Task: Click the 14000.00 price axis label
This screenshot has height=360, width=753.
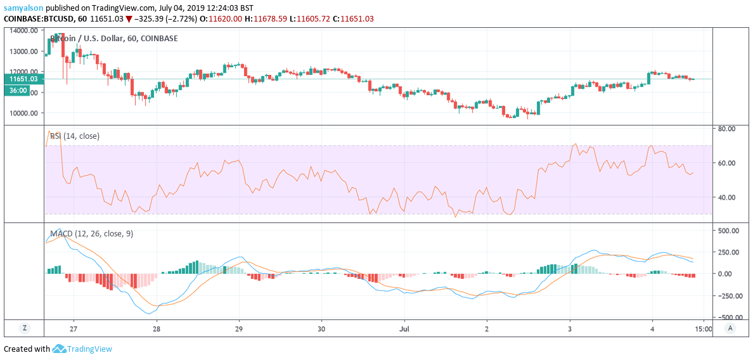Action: tap(23, 30)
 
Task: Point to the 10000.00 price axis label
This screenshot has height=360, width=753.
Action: tap(23, 113)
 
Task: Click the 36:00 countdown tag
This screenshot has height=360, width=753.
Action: tap(18, 91)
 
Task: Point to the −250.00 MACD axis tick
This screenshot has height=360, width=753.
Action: tap(726, 295)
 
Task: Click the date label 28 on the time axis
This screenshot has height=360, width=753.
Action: tap(157, 329)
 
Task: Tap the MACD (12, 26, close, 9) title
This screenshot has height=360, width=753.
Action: tap(91, 234)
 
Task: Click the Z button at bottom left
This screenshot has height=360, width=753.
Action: tap(24, 328)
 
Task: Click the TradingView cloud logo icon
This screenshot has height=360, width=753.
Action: tap(60, 349)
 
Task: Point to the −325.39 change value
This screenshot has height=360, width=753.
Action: tap(153, 19)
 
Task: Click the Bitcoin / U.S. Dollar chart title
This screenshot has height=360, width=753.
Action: tap(114, 39)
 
